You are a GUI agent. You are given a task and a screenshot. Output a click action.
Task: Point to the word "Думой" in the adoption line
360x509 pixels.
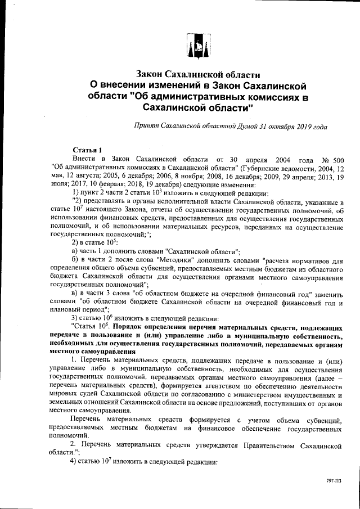click(238, 127)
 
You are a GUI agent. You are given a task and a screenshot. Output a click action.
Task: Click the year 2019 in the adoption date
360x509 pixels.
click(300, 127)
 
